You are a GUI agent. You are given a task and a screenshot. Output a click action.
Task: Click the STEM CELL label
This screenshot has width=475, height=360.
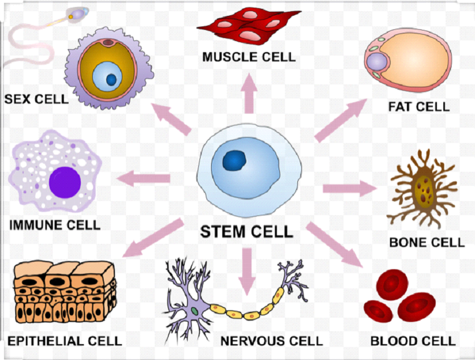[x=246, y=231]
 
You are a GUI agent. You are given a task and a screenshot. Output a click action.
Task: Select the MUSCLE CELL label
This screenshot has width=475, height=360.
[x=249, y=57]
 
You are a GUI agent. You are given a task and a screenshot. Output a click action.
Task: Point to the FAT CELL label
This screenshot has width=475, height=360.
[x=419, y=107]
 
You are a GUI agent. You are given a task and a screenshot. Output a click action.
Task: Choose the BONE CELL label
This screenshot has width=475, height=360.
[x=426, y=242]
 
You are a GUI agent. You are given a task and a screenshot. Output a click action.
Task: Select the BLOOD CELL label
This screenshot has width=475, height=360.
[x=412, y=341]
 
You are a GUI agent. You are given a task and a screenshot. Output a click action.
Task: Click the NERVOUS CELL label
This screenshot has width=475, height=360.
[x=271, y=341]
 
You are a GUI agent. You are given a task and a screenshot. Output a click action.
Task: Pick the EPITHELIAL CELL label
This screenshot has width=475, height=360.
[x=65, y=341]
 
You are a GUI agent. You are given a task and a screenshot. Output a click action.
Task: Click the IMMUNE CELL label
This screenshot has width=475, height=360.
[x=55, y=225]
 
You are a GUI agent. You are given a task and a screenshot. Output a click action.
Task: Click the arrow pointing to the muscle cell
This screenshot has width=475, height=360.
[x=250, y=93]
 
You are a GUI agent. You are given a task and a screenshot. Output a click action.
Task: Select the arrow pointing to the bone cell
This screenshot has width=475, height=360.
[x=349, y=188]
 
